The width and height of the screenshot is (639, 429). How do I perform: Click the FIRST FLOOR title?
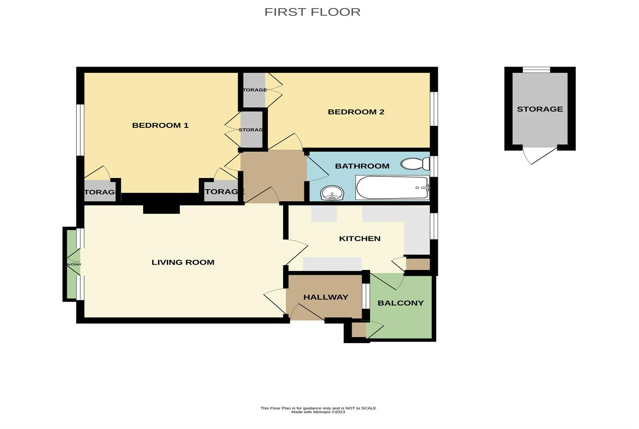tap(312, 12)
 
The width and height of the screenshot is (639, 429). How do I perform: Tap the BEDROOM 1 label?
tap(160, 125)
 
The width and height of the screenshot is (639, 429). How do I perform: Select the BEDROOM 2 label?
tap(356, 112)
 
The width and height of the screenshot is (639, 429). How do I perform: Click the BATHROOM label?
tap(362, 166)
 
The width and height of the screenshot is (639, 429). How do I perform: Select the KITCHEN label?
tap(359, 239)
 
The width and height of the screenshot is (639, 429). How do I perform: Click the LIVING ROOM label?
tap(183, 262)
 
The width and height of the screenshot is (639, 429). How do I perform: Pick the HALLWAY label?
tap(326, 297)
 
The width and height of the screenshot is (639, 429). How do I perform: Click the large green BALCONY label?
tap(401, 303)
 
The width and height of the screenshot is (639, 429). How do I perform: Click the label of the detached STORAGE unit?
tap(540, 109)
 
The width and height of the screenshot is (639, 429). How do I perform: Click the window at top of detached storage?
tap(536, 69)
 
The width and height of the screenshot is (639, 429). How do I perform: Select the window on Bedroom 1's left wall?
tap(80, 129)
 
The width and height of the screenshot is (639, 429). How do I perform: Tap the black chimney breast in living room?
tap(161, 208)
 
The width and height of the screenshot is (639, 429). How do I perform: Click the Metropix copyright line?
tap(318, 412)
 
